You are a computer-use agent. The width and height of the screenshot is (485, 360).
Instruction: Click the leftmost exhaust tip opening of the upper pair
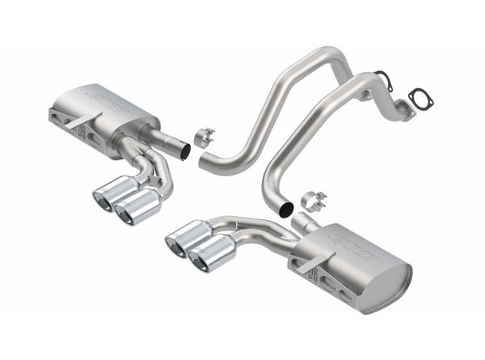click(x=103, y=200)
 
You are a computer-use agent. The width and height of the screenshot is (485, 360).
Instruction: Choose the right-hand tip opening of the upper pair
click(x=125, y=213)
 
